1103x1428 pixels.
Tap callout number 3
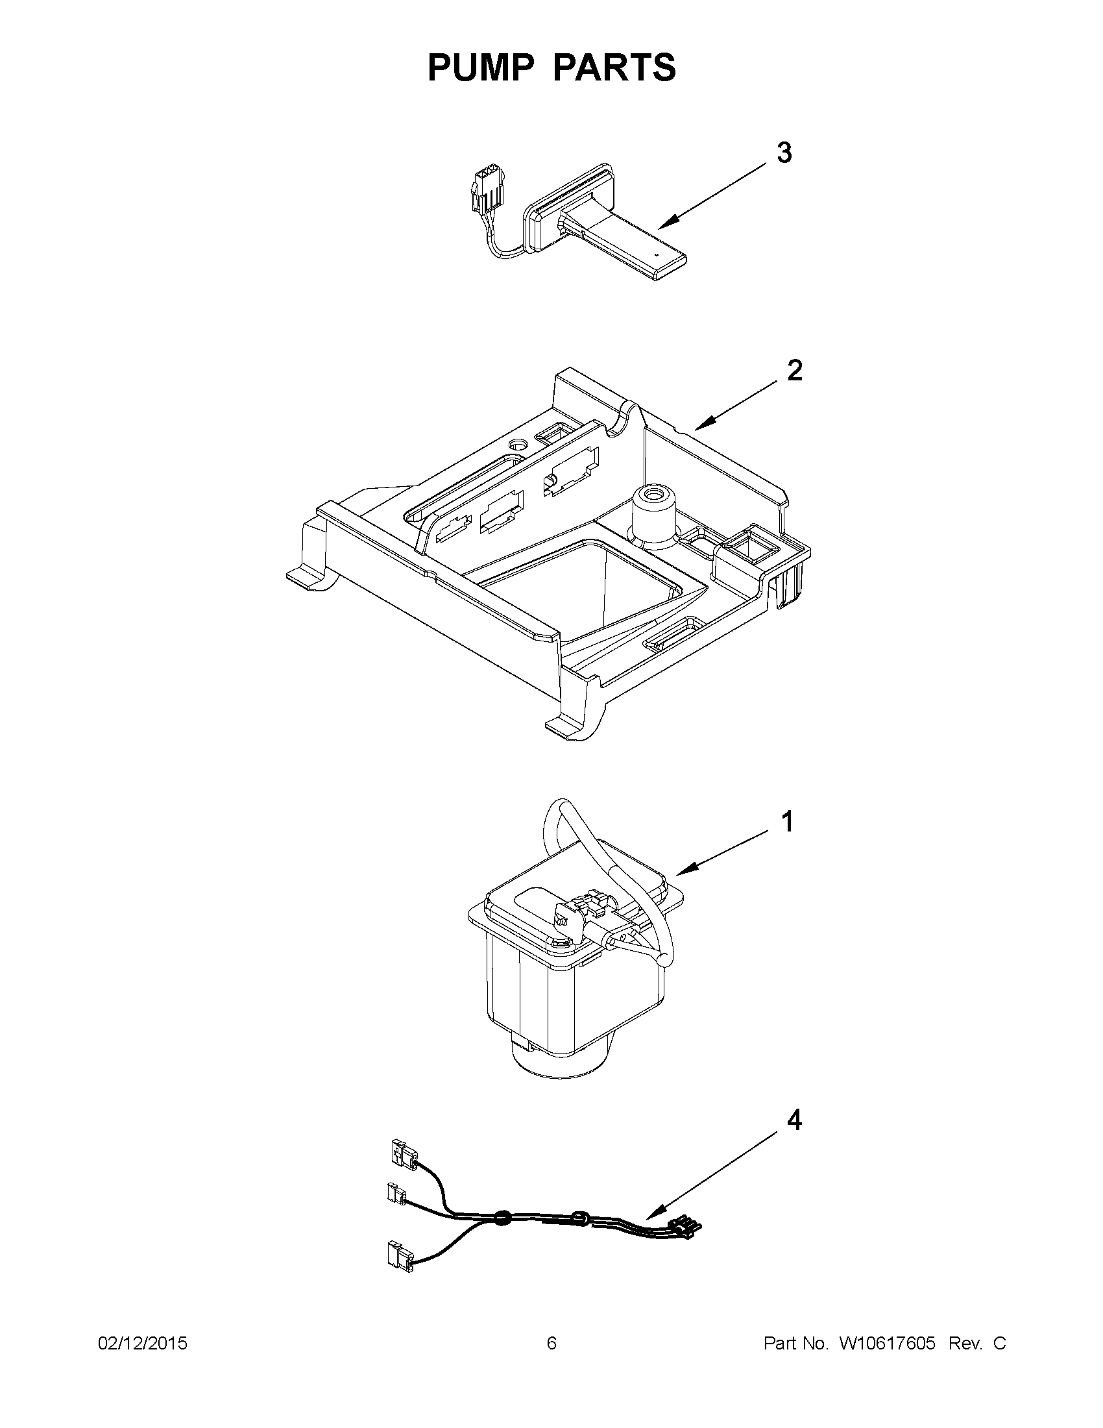point(784,153)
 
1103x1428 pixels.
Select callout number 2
point(794,371)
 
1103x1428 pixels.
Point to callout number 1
point(788,822)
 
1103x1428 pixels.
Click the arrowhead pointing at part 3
point(664,226)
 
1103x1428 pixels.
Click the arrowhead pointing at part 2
point(700,428)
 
